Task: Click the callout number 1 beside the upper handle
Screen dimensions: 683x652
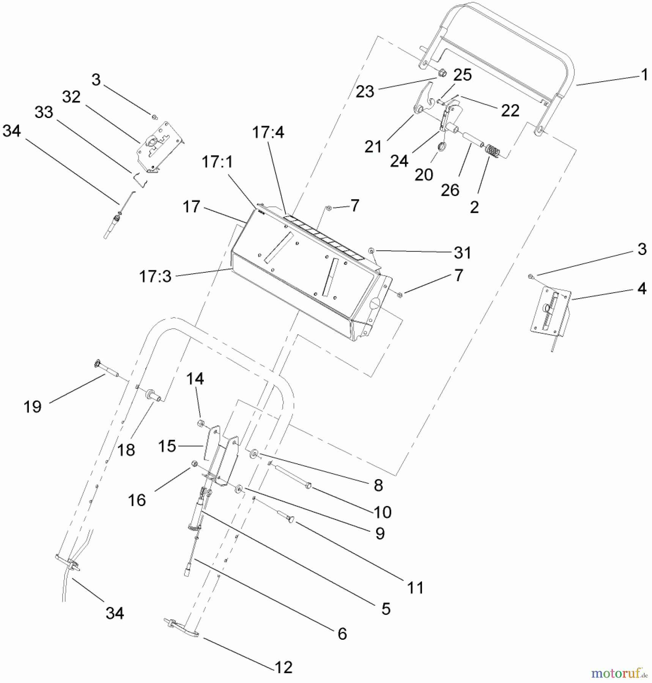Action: point(644,75)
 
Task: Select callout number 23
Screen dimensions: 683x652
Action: point(365,91)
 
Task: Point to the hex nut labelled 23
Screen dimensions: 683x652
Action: point(441,72)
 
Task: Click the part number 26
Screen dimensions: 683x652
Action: point(450,190)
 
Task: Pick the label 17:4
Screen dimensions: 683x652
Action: point(268,132)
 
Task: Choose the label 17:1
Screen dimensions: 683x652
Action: point(217,162)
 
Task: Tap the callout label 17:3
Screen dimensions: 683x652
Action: point(155,277)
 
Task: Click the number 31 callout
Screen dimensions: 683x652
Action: point(462,253)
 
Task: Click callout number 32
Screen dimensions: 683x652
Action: point(71,97)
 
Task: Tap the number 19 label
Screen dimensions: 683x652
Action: point(33,407)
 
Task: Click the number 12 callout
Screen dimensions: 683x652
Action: point(283,667)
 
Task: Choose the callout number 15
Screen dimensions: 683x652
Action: point(167,446)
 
